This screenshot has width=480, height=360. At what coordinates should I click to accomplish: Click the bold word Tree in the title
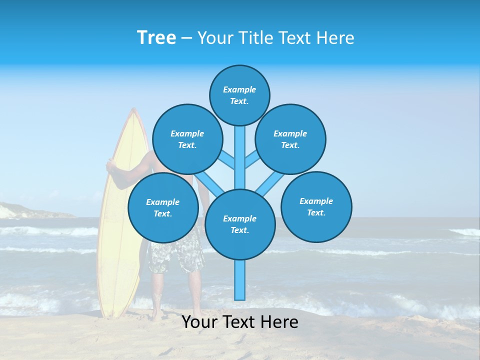(156, 38)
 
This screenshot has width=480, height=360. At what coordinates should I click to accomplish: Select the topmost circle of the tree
(239, 95)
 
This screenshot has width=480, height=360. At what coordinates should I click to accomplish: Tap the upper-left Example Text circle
(187, 139)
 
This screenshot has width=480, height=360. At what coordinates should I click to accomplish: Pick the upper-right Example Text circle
(290, 139)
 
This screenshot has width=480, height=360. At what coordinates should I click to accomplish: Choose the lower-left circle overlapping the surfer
(162, 207)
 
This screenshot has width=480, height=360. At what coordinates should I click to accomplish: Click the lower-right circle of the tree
(316, 206)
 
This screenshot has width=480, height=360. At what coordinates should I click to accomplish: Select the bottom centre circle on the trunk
(240, 224)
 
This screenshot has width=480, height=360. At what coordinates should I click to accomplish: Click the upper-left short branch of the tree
(226, 159)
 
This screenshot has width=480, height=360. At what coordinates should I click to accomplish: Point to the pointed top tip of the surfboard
(133, 111)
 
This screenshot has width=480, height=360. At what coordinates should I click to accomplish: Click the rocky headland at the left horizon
(20, 210)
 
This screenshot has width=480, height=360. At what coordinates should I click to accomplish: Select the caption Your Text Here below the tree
(240, 322)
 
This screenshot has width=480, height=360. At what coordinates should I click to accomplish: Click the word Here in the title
(336, 38)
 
